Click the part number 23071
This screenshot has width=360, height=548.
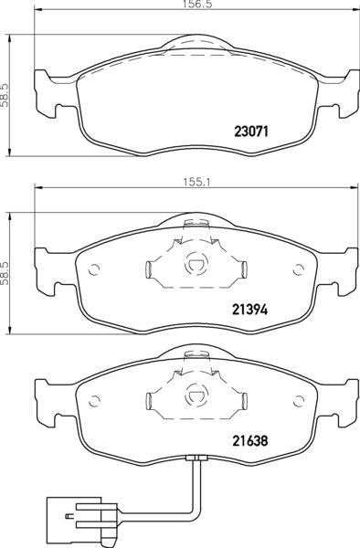point(250,132)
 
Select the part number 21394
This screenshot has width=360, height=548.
point(250,309)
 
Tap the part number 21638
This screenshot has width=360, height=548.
point(250,441)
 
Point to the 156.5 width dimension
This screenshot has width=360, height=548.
point(197,4)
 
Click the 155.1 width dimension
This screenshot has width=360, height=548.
point(196,182)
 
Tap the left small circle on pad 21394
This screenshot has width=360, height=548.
point(94,269)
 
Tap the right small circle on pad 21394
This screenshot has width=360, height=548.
point(298,269)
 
